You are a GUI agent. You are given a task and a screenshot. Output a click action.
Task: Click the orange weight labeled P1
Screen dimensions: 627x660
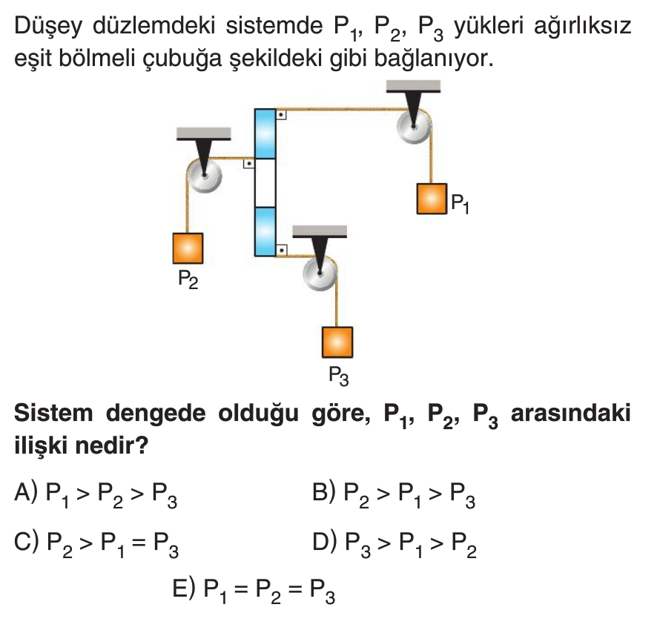click(x=432, y=199)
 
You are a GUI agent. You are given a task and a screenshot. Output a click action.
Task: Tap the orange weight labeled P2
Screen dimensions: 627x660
click(x=188, y=248)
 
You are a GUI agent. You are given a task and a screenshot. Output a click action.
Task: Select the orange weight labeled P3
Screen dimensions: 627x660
click(x=337, y=342)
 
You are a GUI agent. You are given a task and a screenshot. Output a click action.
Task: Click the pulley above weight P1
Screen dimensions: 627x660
click(x=413, y=126)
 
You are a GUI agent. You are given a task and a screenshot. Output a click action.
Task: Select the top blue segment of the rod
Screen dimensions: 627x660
click(x=265, y=133)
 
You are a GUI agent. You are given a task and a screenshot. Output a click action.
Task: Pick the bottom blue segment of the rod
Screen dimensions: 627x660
click(x=265, y=231)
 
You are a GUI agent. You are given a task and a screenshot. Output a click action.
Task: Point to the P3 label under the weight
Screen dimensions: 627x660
click(x=338, y=375)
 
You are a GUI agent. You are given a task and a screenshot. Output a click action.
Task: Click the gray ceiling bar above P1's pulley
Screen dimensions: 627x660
click(x=413, y=86)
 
